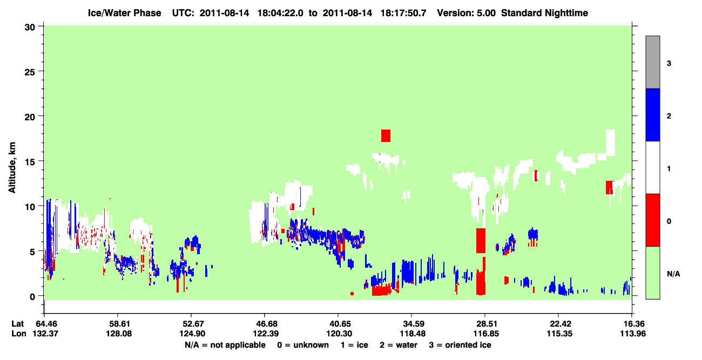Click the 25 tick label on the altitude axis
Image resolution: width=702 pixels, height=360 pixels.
click(30, 72)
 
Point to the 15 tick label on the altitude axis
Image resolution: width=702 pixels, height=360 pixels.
click(30, 162)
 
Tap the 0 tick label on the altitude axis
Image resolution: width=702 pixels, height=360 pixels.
click(32, 297)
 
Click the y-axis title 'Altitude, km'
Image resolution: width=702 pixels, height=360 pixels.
click(12, 168)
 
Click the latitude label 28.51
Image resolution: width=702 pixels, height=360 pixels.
click(485, 324)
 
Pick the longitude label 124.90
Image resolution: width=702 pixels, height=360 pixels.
click(192, 334)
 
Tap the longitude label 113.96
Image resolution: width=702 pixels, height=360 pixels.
click(633, 334)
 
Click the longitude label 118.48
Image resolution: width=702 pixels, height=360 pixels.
click(413, 334)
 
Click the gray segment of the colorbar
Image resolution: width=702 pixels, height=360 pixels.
click(652, 62)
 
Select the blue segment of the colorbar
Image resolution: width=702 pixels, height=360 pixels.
click(652, 114)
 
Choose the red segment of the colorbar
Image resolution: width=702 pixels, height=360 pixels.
click(652, 220)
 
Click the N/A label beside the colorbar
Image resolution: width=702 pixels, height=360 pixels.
click(673, 274)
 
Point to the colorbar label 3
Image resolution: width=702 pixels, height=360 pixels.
click(669, 64)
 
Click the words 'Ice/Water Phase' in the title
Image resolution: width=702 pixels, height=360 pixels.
click(124, 13)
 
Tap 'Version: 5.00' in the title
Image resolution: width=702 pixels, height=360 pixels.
click(467, 13)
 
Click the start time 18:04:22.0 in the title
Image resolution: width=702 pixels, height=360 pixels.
click(280, 13)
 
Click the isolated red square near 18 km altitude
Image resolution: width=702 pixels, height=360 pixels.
click(386, 135)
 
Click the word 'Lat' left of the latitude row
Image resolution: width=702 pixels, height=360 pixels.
click(18, 324)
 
